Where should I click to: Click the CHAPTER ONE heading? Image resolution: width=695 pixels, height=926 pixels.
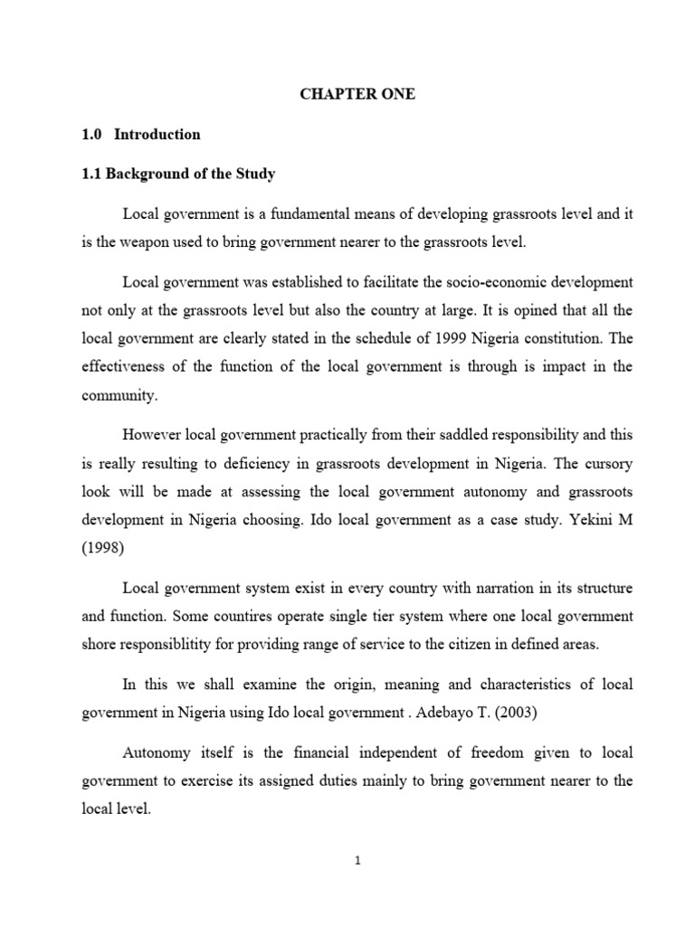(358, 95)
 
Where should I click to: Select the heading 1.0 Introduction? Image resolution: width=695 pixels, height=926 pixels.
(140, 135)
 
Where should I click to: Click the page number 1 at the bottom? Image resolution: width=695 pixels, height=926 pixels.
(357, 862)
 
